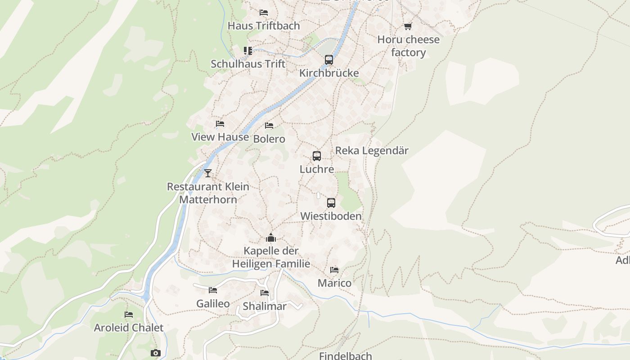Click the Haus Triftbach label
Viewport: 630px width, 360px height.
[x=264, y=26]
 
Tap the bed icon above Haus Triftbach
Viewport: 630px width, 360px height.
[x=264, y=13]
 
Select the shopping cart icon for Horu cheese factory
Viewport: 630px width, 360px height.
[x=408, y=27]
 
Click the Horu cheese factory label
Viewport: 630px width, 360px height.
[x=408, y=46]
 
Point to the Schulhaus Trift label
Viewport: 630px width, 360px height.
[x=248, y=64]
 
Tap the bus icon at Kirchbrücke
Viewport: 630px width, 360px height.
[x=329, y=60]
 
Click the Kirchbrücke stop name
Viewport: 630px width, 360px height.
[x=329, y=73]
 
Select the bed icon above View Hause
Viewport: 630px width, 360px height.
[x=220, y=124]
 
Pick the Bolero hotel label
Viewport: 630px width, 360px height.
[x=269, y=139]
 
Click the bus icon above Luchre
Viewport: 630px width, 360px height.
[x=317, y=156]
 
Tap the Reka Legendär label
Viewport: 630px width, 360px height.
[x=372, y=150]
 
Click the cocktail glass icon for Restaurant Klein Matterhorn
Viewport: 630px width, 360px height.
[x=208, y=173]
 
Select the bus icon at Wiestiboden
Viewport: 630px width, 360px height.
[x=331, y=203]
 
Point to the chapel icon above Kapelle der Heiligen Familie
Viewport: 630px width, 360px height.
[x=271, y=237]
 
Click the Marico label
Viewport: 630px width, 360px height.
[x=334, y=283]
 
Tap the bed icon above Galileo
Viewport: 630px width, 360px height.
[x=213, y=290]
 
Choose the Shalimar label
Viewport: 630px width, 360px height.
[x=265, y=306]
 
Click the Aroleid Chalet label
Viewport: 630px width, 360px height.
[x=129, y=328]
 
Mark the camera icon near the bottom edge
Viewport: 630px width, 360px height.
[x=156, y=353]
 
